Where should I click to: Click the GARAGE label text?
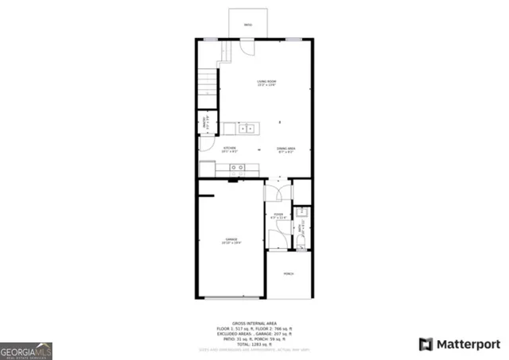coord(231,242)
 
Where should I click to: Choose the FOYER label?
coord(278,215)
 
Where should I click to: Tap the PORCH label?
coord(288,273)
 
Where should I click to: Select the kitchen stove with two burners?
coord(236,168)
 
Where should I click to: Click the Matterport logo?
coord(460,343)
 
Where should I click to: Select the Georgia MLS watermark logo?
coord(26,350)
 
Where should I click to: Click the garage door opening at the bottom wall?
coord(231,297)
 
